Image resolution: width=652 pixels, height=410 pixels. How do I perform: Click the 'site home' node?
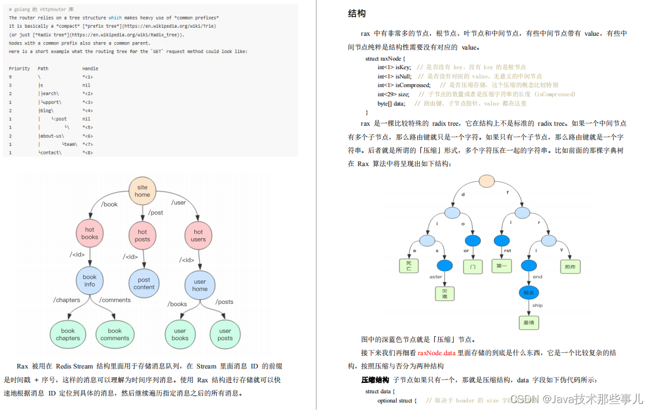point(142,191)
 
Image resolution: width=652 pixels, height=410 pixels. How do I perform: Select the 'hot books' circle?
point(89,233)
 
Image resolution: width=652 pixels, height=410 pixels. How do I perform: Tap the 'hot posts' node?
point(142,235)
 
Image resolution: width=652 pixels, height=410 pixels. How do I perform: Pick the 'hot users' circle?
point(198,235)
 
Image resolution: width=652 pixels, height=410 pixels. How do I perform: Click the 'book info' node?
point(89,280)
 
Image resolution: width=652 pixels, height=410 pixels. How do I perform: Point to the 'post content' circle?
point(144,283)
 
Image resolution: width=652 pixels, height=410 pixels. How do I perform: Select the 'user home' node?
point(199,285)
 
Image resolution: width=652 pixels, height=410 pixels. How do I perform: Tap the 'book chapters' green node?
point(68,334)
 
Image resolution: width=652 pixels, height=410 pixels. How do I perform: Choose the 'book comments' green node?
point(115,334)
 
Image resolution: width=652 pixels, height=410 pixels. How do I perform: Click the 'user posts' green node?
point(225,334)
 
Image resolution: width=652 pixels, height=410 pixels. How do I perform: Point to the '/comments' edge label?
point(115,300)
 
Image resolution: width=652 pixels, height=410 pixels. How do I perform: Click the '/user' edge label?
point(179,202)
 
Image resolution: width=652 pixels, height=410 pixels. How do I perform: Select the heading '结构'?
point(357,13)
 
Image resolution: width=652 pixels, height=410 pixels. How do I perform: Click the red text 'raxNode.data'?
point(436,353)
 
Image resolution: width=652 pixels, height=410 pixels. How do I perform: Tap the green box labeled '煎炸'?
point(570,266)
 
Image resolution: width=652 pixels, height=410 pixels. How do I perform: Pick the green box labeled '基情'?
point(529,322)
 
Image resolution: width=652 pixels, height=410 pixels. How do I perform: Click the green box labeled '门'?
point(473,266)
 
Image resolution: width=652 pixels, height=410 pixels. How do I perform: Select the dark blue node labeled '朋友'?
point(529,292)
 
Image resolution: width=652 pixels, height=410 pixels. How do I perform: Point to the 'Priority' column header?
point(19,68)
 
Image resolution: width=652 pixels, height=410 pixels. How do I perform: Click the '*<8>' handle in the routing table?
point(88,153)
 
